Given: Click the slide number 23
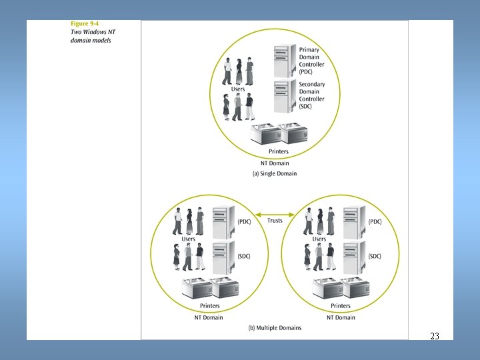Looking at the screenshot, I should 435,336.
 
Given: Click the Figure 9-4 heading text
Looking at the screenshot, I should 85,25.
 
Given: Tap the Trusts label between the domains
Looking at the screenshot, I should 275,221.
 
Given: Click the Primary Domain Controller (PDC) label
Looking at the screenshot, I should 311,61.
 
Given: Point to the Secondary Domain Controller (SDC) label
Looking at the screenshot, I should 311,95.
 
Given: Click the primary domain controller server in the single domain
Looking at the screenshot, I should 283,60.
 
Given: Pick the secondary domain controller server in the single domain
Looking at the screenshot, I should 283,95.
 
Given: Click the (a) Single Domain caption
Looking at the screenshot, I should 274,173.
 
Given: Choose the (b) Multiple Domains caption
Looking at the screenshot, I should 275,327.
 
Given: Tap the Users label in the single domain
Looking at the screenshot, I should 238,89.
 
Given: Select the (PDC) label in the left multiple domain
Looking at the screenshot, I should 244,221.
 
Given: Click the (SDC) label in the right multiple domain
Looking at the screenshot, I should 375,257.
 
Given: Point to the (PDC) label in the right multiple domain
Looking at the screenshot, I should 375,221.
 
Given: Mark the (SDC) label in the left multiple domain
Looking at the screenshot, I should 244,257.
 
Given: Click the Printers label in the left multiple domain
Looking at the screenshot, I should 210,306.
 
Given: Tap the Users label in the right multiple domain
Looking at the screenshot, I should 319,239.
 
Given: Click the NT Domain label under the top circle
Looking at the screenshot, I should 275,163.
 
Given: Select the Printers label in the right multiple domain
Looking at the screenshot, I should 341,306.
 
